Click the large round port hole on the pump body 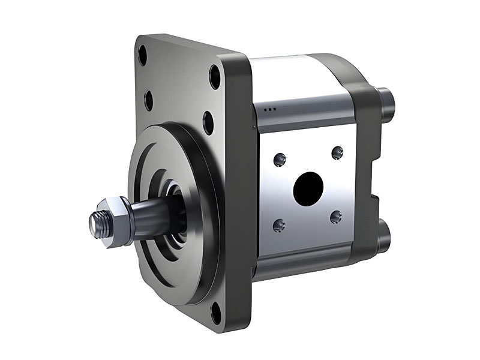click(x=308, y=188)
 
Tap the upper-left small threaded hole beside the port click(x=278, y=160)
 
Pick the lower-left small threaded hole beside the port click(x=278, y=226)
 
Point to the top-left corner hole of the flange click(x=142, y=57)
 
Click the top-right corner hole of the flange click(x=215, y=78)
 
